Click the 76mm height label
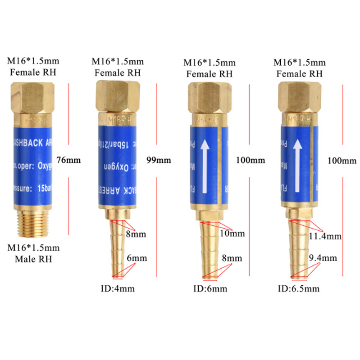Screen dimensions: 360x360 click(x=67, y=159)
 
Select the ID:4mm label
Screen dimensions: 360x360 click(x=117, y=288)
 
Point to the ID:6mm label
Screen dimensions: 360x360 click(x=210, y=288)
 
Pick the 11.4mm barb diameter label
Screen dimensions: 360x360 click(x=325, y=236)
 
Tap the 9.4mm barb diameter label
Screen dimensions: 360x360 click(x=323, y=258)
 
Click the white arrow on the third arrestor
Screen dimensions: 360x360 click(x=205, y=162)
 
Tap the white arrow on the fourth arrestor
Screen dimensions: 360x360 click(x=297, y=162)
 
